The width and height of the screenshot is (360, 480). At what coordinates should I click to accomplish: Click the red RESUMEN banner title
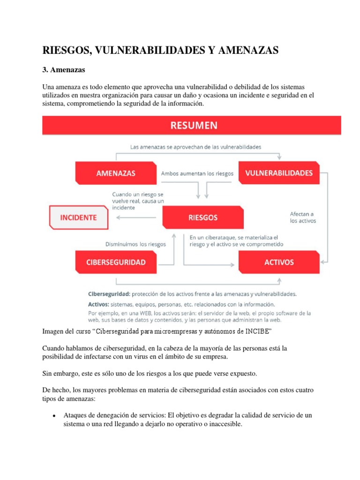click(x=192, y=126)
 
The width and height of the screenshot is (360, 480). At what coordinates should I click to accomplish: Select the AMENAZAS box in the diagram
click(x=116, y=173)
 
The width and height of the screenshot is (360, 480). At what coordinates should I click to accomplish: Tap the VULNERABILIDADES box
click(x=279, y=173)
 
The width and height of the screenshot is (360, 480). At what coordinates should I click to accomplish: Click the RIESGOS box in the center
click(x=202, y=217)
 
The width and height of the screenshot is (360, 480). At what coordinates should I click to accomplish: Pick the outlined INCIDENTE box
click(x=78, y=217)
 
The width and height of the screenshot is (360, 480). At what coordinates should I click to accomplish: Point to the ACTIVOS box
click(x=279, y=262)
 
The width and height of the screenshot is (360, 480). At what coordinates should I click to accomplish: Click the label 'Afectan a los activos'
click(x=302, y=217)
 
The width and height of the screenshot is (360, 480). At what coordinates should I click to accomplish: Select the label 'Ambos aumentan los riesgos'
click(x=197, y=173)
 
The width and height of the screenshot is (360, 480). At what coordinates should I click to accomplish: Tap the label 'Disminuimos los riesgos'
click(x=135, y=244)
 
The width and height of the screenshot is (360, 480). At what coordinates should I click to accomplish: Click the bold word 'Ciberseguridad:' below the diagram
click(x=109, y=294)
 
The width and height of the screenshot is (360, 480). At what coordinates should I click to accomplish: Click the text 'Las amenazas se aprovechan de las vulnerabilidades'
click(x=195, y=147)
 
